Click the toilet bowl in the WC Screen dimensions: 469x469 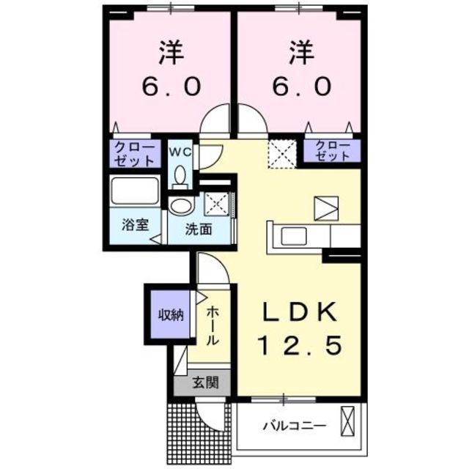point(180,176)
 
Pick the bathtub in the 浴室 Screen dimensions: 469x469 point(135,193)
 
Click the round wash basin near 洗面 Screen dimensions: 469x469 point(180,204)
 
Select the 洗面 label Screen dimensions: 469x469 point(198,229)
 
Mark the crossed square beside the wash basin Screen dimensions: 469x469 point(217,203)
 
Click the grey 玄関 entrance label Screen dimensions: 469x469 point(204,382)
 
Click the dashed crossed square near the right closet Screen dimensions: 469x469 point(278,153)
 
